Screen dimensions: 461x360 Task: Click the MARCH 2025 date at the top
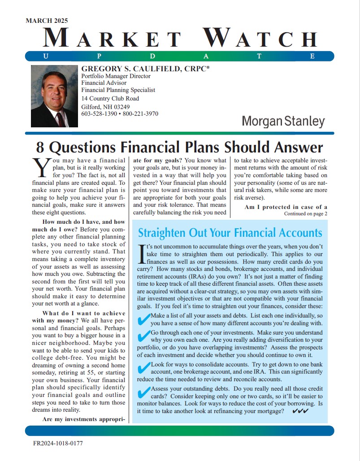47,21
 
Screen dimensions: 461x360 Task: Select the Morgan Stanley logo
283,121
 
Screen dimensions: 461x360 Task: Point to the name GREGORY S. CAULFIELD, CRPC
146,69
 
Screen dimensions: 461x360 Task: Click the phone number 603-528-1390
100,114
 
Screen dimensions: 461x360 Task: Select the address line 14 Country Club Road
110,99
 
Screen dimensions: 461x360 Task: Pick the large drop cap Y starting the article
41,168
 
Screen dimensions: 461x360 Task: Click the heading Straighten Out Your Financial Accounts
230,233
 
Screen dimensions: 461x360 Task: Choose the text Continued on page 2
306,214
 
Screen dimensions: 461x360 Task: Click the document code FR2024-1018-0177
58,443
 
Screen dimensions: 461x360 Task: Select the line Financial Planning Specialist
118,90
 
